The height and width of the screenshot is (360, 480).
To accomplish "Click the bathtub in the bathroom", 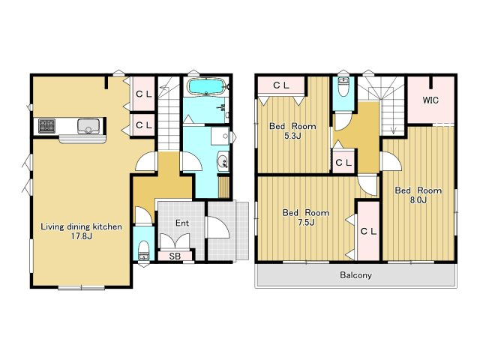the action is [x=206, y=86].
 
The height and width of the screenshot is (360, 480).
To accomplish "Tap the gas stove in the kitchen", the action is [x=46, y=126].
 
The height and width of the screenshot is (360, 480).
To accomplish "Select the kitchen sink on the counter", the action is [x=88, y=126].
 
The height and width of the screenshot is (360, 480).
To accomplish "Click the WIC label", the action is [x=430, y=100].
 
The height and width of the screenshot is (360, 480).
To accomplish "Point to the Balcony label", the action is [x=355, y=275].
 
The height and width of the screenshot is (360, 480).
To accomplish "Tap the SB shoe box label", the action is [x=175, y=256].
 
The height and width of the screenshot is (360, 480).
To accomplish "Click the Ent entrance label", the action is [x=182, y=223].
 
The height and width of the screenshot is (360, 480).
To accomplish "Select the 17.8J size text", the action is [x=82, y=236].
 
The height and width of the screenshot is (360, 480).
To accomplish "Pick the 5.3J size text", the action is [x=292, y=136].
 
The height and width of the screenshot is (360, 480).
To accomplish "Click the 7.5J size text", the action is [x=306, y=223].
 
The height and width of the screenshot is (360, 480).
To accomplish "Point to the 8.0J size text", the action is [x=418, y=200].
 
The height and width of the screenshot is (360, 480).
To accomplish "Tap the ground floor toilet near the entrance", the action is [x=143, y=250].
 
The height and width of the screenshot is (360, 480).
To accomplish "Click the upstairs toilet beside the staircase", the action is [x=343, y=86].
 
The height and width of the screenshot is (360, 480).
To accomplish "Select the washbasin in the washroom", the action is [x=223, y=160].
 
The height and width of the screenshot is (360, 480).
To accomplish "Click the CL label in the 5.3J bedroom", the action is [x=281, y=85].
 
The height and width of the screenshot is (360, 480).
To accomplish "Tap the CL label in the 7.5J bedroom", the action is [x=368, y=232].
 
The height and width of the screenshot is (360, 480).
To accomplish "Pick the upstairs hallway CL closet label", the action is [x=343, y=163].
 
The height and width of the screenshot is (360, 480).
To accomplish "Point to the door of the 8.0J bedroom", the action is [x=391, y=161].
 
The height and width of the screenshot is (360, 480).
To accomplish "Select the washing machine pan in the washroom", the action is [x=220, y=136].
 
